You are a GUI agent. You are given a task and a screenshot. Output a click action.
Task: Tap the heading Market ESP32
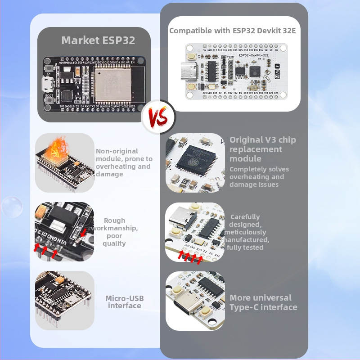(98, 40)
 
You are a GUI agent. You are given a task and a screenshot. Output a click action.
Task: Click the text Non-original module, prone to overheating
(124, 162)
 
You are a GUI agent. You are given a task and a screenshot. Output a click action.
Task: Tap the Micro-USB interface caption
(124, 302)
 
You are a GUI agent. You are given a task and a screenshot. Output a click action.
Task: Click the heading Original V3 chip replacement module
(262, 149)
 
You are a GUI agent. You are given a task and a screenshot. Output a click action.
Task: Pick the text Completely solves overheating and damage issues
(259, 177)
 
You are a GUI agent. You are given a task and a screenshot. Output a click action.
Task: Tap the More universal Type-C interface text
(263, 302)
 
